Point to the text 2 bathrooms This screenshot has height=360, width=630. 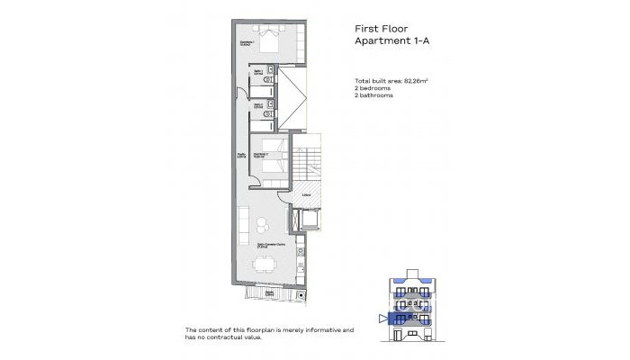tap(374, 95)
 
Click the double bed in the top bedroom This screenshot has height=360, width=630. tap(270, 39)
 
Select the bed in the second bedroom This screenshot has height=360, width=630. tap(274, 154)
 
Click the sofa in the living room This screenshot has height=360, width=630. tap(245, 225)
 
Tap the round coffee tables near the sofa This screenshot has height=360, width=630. tap(262, 225)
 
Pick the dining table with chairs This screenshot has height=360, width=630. tap(264, 265)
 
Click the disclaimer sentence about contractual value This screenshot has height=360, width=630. tap(270, 334)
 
